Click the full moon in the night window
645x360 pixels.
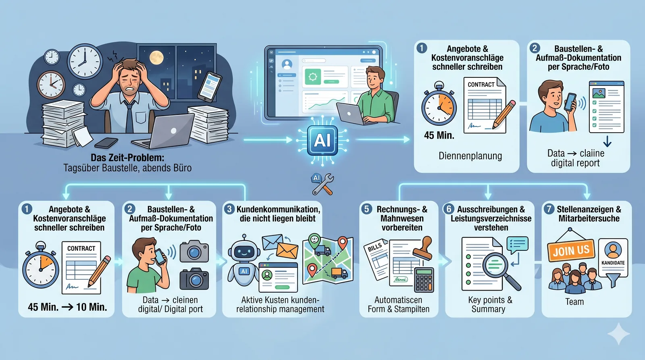(x=156, y=58)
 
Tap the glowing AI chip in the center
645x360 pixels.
(x=322, y=140)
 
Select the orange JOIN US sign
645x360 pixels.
(x=571, y=250)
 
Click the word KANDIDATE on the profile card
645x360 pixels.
(x=613, y=263)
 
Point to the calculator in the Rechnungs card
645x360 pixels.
(x=424, y=280)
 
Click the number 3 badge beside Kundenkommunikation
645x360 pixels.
(x=229, y=209)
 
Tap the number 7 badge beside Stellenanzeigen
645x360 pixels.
(x=549, y=209)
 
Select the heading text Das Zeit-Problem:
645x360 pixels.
(x=127, y=158)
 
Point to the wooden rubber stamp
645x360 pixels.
(x=423, y=248)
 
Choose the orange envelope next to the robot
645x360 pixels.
(x=287, y=250)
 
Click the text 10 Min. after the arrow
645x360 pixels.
(x=91, y=307)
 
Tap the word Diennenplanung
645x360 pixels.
(x=470, y=156)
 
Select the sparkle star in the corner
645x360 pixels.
(x=618, y=333)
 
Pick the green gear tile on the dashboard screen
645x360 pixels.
(x=313, y=77)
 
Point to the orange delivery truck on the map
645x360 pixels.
(x=339, y=273)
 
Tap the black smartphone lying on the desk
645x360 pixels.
(x=106, y=143)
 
